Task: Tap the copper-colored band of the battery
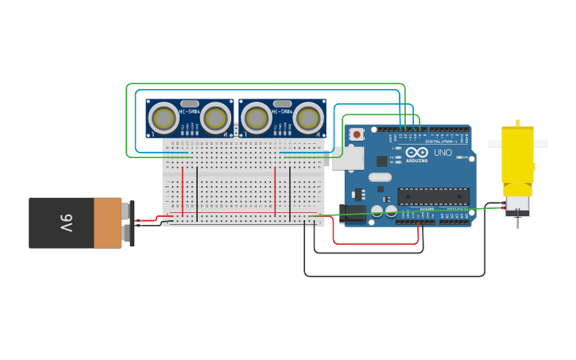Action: pyautogui.click(x=107, y=223)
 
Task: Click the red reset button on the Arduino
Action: pyautogui.click(x=357, y=134)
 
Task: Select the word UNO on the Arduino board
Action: pyautogui.click(x=443, y=153)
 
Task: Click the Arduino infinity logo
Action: pyautogui.click(x=417, y=152)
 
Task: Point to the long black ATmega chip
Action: pyautogui.click(x=433, y=195)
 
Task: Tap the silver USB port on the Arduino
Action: pyautogui.click(x=346, y=157)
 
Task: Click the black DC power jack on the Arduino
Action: pyautogui.click(x=352, y=213)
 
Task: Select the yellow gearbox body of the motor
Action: pyautogui.click(x=517, y=154)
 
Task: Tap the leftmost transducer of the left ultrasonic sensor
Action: pyautogui.click(x=164, y=118)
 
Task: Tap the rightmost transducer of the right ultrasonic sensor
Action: pyautogui.click(x=309, y=118)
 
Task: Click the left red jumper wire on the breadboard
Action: pyautogui.click(x=184, y=191)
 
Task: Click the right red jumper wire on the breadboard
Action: pyautogui.click(x=276, y=191)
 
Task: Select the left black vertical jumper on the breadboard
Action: pyautogui.click(x=197, y=195)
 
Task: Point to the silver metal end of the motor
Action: pyautogui.click(x=517, y=207)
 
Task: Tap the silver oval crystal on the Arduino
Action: pyautogui.click(x=380, y=177)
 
